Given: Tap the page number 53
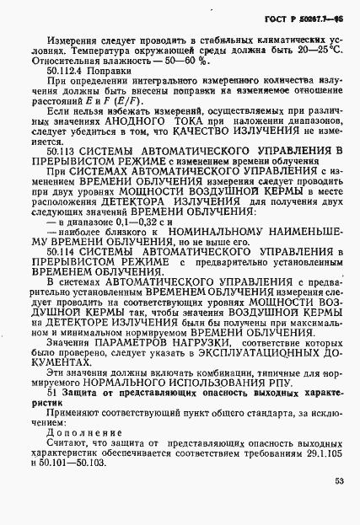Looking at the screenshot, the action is pos(338,481).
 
